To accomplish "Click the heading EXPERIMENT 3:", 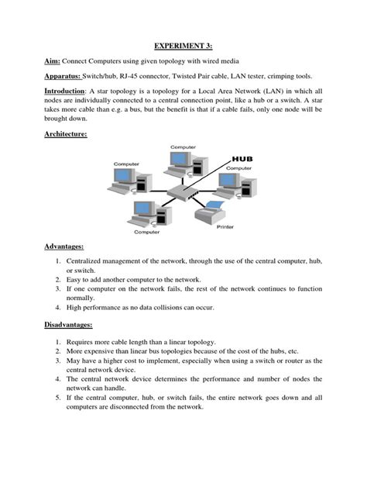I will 183,46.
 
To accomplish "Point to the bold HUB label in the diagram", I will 242,159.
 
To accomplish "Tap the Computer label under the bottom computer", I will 146,231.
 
